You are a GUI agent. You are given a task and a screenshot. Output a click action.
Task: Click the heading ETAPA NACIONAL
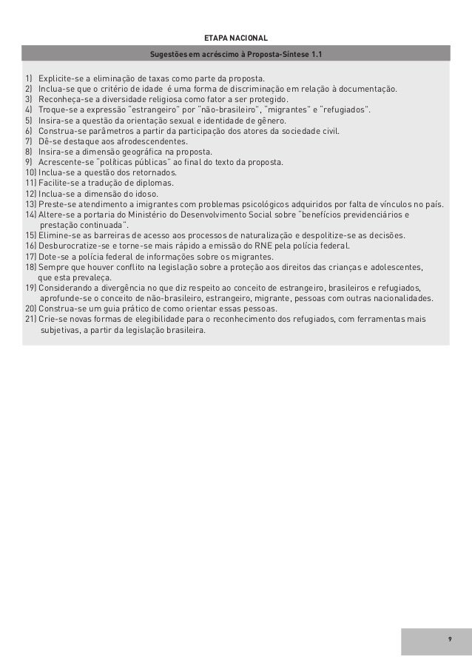coord(236,38)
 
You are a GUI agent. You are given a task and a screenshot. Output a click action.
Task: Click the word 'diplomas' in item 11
coord(154,183)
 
